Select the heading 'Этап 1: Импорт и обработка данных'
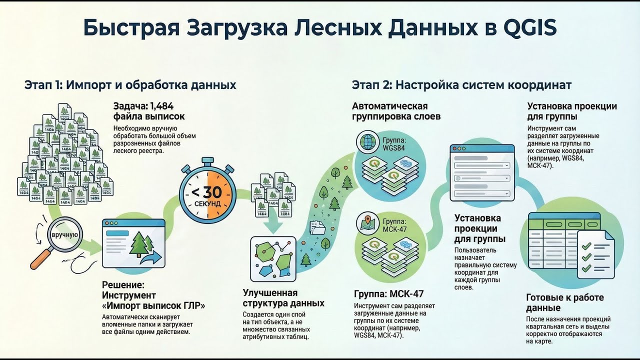pos(130,85)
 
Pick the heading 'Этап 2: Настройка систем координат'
pos(461,85)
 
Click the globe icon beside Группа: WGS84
pos(369,142)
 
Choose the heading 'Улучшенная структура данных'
pos(283,298)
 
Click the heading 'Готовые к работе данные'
pos(565,302)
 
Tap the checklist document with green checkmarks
pos(595,254)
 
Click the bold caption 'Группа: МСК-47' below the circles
pos(388,294)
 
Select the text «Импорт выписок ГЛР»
pos(153,306)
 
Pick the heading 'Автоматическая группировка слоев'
pos(390,111)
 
